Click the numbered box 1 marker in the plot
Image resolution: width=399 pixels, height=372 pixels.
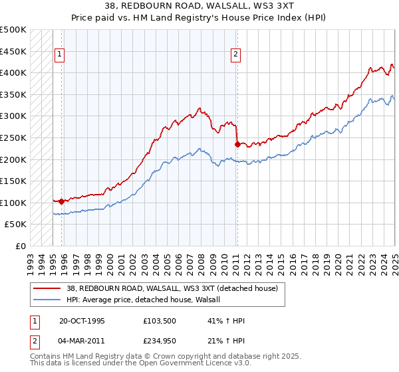click(60, 55)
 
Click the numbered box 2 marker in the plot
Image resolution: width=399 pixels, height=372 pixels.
click(236, 55)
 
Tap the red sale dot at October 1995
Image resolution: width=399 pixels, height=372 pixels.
click(62, 201)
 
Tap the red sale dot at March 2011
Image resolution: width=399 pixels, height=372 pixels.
click(237, 143)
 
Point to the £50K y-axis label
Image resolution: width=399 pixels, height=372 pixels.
click(16, 225)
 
